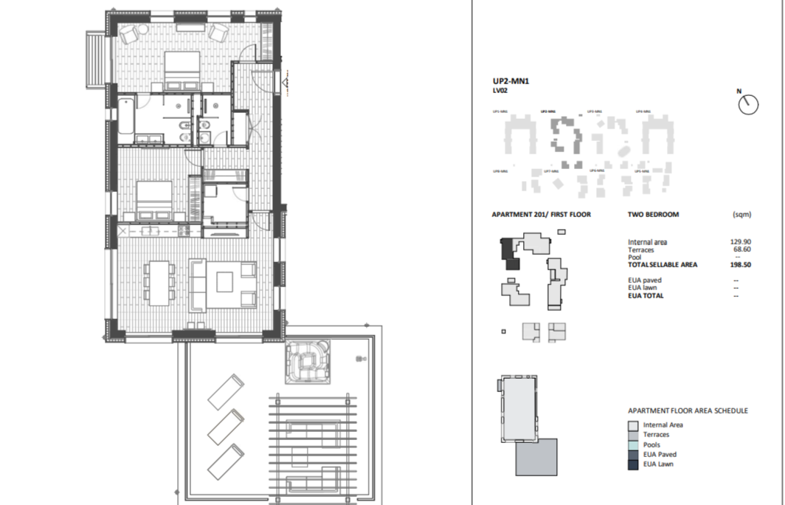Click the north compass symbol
click(748, 104)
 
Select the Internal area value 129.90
click(740, 242)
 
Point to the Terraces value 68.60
click(741, 250)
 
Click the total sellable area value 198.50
click(740, 264)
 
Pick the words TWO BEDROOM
click(653, 215)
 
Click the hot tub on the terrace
click(308, 363)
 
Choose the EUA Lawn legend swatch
click(633, 464)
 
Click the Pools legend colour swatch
click(633, 445)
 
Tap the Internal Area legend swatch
click(633, 425)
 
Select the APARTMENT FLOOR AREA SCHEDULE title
click(688, 410)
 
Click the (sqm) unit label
click(741, 215)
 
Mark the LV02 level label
click(500, 91)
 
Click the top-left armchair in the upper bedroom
click(130, 32)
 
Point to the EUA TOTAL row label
click(646, 295)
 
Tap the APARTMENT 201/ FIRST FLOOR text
click(541, 215)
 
